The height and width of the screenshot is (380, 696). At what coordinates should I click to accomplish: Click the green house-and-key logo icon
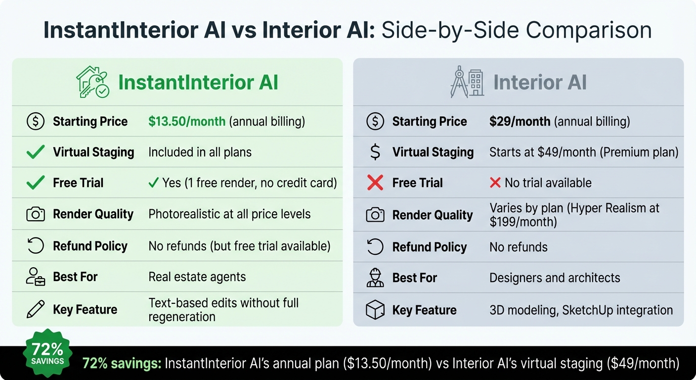point(93,82)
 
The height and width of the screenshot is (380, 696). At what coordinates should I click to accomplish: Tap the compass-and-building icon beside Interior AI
point(467,82)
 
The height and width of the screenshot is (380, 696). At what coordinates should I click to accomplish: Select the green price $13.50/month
point(187,122)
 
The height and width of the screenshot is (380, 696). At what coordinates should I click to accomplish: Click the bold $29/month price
point(520,122)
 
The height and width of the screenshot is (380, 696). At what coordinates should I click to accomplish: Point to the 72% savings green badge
point(47,353)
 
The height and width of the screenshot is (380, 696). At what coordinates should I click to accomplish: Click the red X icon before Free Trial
point(375,183)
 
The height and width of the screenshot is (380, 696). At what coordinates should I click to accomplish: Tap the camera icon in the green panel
point(36,214)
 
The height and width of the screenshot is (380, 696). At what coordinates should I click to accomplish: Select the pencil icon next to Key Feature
point(36,309)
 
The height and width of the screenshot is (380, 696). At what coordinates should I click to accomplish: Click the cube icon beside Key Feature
point(375,310)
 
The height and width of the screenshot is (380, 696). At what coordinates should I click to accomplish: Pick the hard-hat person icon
point(375,278)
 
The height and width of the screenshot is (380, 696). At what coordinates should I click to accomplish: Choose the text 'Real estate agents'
point(197,277)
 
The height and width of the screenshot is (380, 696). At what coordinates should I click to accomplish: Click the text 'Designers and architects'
point(555,278)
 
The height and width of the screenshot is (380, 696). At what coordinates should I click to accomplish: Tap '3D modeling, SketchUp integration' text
point(581,310)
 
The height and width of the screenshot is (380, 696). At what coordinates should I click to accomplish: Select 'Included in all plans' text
point(200,152)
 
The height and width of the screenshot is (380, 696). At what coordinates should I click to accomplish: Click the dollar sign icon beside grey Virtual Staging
point(375,152)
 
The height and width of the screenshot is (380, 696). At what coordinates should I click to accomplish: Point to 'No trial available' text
point(548,183)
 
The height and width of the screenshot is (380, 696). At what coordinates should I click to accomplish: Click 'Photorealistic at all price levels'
point(229,214)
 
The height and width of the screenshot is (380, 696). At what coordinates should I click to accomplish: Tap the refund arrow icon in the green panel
point(36,246)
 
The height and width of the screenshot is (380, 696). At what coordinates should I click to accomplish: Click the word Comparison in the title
point(588,31)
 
